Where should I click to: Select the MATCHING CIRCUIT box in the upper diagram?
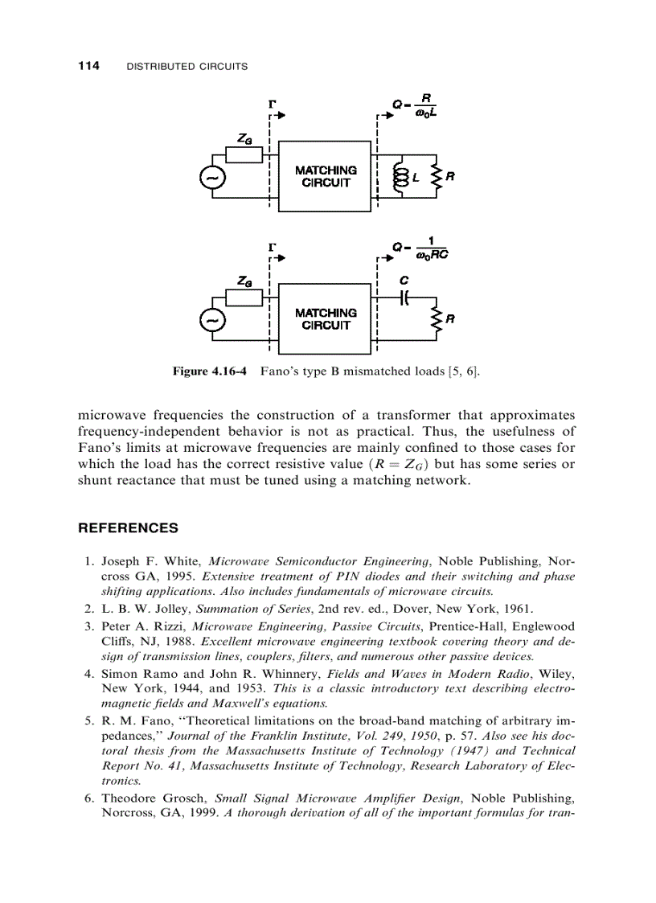click(326, 176)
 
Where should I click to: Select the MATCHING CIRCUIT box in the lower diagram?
click(326, 318)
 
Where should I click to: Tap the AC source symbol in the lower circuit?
click(214, 320)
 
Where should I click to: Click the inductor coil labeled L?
click(396, 178)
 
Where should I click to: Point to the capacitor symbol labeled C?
click(404, 298)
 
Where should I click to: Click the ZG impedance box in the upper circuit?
click(244, 155)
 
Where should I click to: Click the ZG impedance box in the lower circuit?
click(244, 298)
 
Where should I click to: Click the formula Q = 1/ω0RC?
click(420, 248)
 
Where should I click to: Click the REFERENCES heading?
click(128, 528)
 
